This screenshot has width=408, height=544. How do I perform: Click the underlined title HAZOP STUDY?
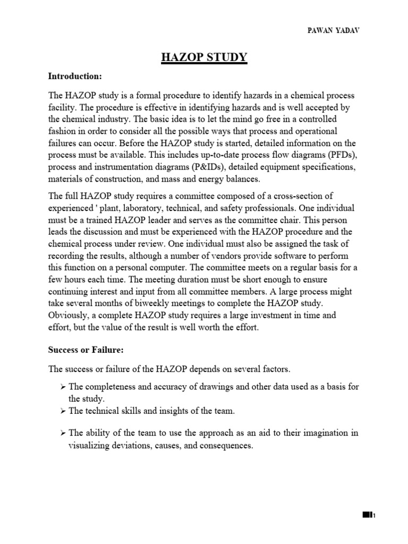(x=204, y=57)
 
